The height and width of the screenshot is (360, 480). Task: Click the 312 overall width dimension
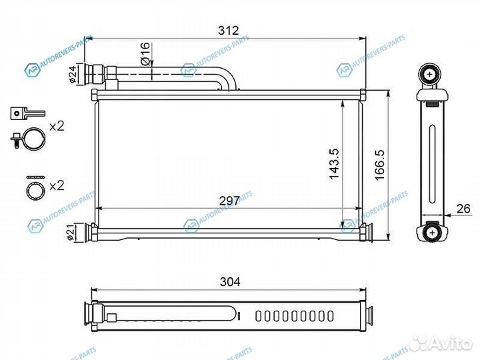[228, 31]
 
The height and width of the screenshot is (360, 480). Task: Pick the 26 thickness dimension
[464, 209]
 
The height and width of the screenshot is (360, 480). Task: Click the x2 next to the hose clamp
[58, 126]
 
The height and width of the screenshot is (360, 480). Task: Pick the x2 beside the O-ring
[58, 184]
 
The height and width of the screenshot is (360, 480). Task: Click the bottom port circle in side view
[433, 232]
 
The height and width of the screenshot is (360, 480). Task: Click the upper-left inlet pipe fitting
[93, 73]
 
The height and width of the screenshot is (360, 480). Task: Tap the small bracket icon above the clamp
[26, 113]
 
